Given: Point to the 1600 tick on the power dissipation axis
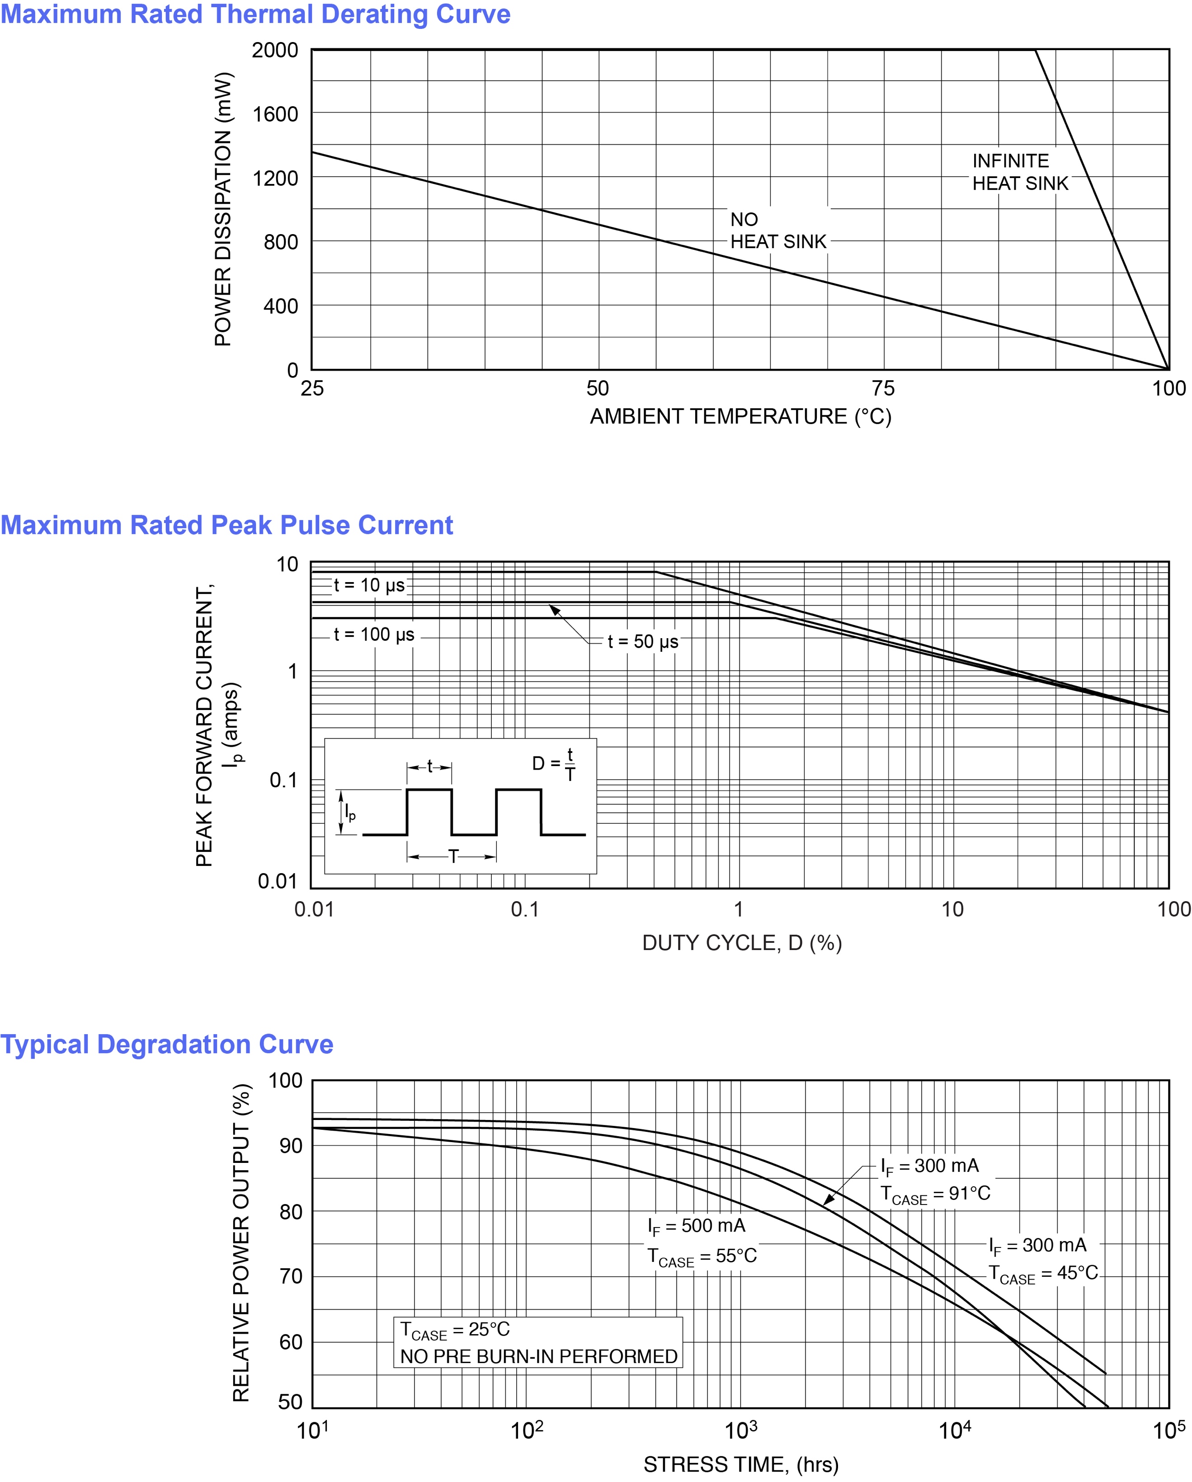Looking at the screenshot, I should pos(275,114).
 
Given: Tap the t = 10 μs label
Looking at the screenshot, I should pos(369,585).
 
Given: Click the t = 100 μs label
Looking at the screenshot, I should pos(374,635).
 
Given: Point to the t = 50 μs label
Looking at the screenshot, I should pos(643,641).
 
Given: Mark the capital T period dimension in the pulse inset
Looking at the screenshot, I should pos(453,856).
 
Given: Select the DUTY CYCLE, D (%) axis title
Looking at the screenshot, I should pos(742,942).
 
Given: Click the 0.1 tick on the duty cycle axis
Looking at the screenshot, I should pos(525,909).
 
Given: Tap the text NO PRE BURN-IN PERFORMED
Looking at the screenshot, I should pos(538,1356).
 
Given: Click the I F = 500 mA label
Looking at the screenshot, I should pos(696,1226).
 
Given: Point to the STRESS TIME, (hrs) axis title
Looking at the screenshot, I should pos(740,1465).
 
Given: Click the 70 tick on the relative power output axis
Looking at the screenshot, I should pos(291,1276).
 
